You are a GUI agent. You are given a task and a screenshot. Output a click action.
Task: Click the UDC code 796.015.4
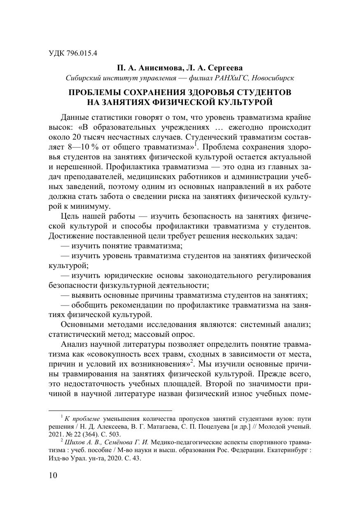82,53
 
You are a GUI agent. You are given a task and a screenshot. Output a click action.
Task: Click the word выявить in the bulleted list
86,295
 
